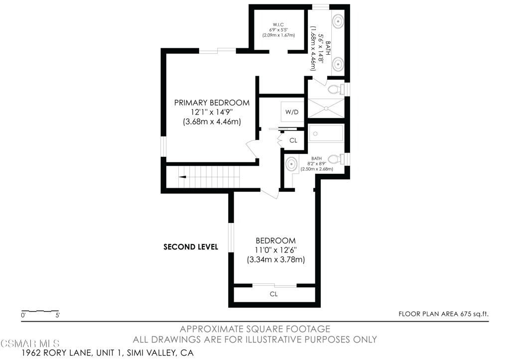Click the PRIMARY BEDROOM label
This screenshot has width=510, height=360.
pos(212,103)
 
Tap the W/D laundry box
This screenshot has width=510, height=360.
pos(292,112)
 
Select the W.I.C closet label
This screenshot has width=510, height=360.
pos(278,25)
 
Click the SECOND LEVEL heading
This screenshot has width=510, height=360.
pos(191,247)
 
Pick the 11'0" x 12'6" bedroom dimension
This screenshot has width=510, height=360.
pos(276,250)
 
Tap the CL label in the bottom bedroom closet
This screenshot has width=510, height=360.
pos(274,294)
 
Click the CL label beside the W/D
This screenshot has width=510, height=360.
pos(293,140)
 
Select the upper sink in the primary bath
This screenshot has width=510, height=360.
pos(338,21)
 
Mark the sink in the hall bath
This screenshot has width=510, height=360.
pos(291,164)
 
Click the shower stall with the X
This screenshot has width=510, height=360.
pos(326,108)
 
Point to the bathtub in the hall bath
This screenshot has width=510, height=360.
pos(326,133)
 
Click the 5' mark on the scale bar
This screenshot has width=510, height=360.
pos(58,315)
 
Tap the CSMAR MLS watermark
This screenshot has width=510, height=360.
pos(30,344)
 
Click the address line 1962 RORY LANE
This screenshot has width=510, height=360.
pos(108,353)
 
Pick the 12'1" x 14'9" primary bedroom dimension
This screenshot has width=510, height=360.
pos(212,112)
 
